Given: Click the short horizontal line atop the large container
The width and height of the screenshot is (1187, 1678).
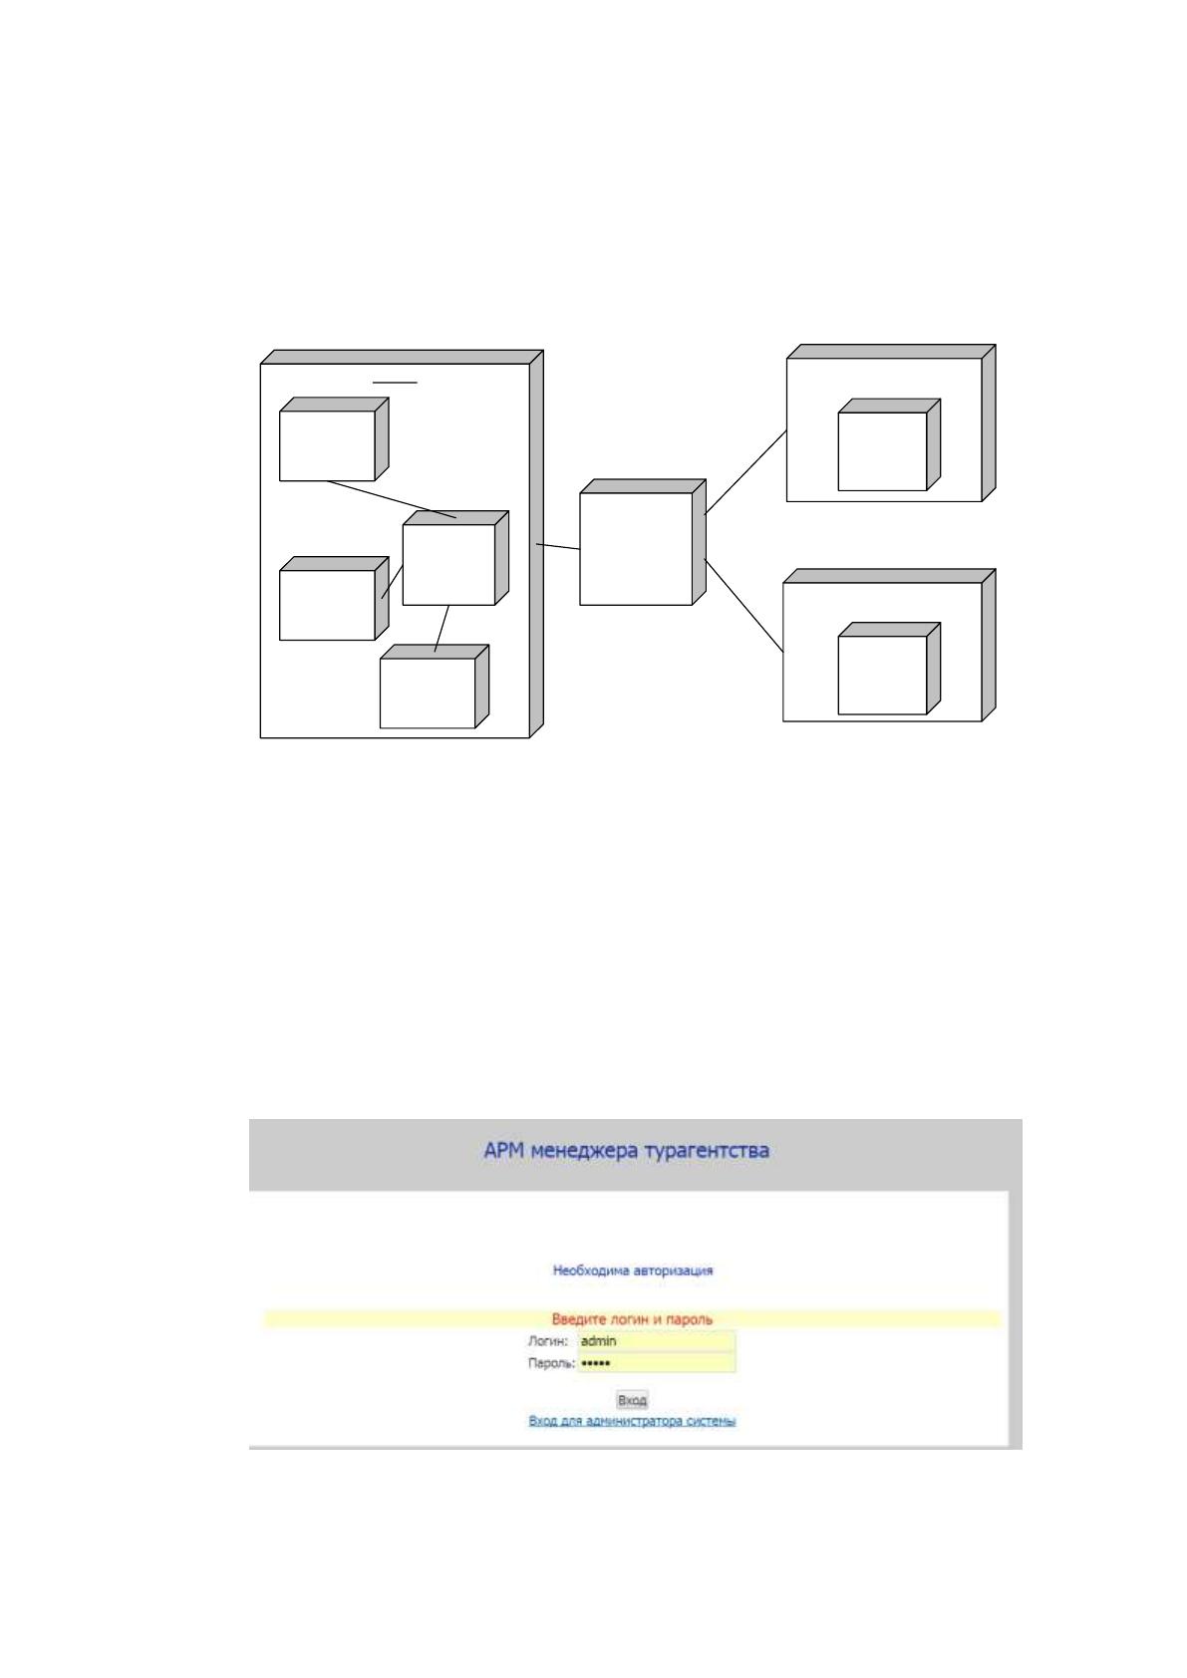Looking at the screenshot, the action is coord(395,382).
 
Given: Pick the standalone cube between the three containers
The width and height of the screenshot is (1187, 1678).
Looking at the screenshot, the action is coord(642,542).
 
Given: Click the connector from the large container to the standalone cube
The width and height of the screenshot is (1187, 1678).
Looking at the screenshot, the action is coord(558,546).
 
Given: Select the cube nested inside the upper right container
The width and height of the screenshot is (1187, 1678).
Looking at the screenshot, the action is coord(889,444).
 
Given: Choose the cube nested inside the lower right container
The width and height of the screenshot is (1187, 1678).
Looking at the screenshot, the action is coord(889,669).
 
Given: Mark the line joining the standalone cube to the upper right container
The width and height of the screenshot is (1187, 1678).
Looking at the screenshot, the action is coord(745,472).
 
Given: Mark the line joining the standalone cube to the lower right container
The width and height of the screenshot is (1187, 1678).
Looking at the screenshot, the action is coord(744,605).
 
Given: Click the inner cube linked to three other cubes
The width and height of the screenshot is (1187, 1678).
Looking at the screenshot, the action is coord(455,558).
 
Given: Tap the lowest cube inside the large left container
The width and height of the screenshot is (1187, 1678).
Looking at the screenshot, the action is coord(434,687).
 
